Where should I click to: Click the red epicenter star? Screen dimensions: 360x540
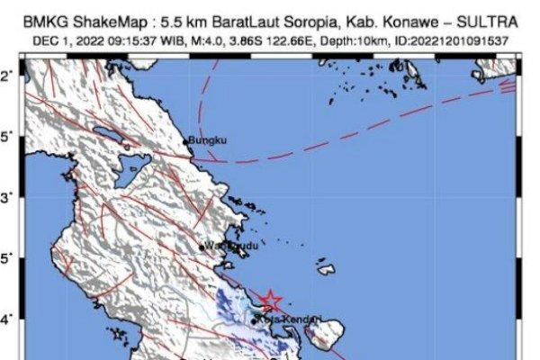pyautogui.click(x=271, y=301)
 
